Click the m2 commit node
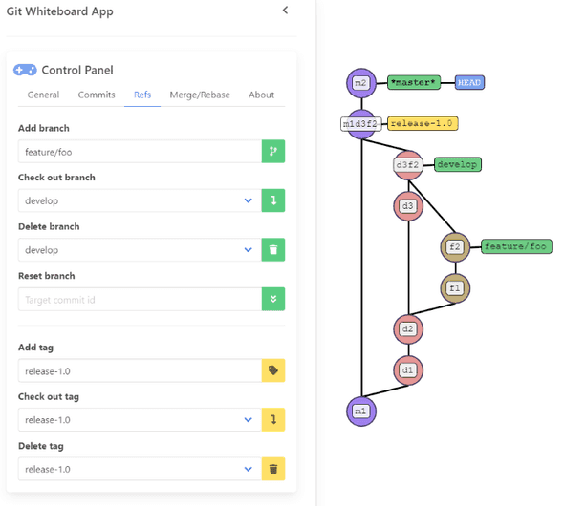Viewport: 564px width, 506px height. click(x=360, y=83)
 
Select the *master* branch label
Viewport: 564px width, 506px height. click(x=413, y=83)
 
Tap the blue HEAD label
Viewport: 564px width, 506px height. click(x=469, y=83)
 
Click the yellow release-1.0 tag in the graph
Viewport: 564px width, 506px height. click(x=423, y=123)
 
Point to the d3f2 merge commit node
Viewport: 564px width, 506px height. click(x=408, y=165)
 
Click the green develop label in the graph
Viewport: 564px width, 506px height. click(x=457, y=164)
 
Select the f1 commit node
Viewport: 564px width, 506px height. click(x=455, y=287)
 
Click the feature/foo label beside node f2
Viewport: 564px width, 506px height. click(x=515, y=246)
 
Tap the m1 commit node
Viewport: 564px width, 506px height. click(x=360, y=411)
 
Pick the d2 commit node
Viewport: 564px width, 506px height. click(x=408, y=329)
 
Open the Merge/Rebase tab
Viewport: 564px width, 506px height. click(x=200, y=95)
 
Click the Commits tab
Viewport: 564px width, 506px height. click(x=97, y=95)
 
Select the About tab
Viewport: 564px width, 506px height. click(x=261, y=95)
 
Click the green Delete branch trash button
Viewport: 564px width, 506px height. click(x=273, y=250)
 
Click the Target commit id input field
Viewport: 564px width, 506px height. click(x=140, y=300)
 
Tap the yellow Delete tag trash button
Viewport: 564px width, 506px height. click(x=273, y=469)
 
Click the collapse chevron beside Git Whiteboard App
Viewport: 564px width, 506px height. click(x=285, y=11)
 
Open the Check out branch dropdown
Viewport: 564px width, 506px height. click(x=140, y=200)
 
